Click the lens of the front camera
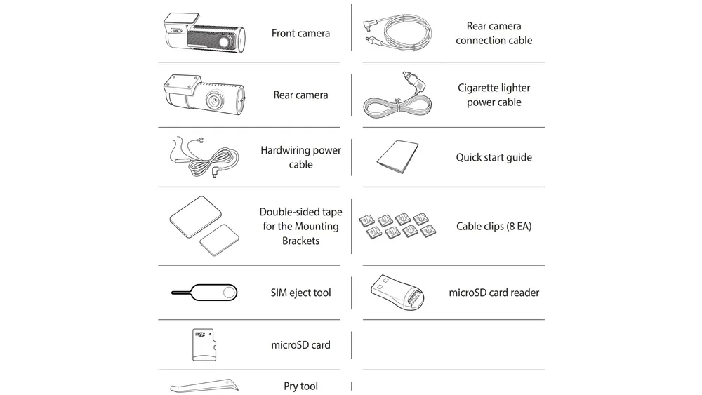click(225, 43)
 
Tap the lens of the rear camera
click(214, 100)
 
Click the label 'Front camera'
click(300, 33)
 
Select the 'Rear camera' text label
click(300, 95)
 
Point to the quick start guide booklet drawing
click(397, 156)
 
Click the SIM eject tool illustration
click(204, 293)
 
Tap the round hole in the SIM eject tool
click(230, 293)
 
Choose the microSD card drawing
click(204, 345)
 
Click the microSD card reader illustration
click(397, 292)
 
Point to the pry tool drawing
click(204, 386)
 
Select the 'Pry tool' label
click(300, 386)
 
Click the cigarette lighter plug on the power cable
click(415, 82)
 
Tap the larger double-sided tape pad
click(196, 217)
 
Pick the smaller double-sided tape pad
click(219, 240)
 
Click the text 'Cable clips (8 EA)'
click(494, 227)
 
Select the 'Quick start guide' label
click(494, 157)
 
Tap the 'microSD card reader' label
click(494, 293)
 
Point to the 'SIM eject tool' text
click(300, 293)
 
